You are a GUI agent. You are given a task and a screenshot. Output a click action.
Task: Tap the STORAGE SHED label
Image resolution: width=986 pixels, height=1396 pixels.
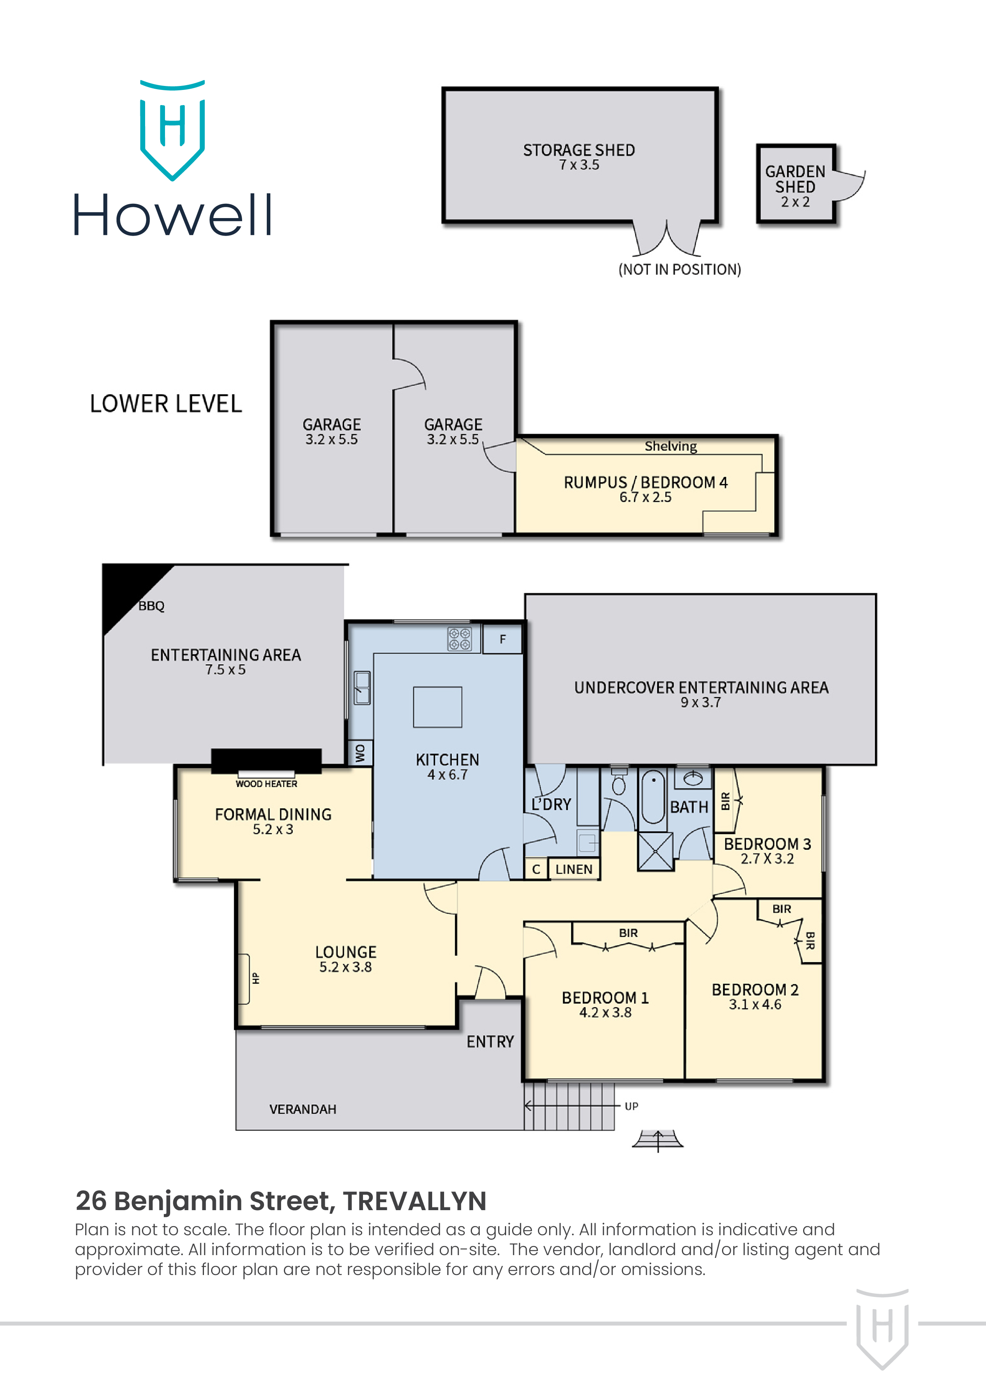coord(578,150)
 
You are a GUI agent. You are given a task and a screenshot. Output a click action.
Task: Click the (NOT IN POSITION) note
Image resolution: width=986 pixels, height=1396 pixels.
coord(679,269)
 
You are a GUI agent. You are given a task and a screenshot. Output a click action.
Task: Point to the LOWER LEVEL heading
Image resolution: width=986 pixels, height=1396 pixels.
coord(166,404)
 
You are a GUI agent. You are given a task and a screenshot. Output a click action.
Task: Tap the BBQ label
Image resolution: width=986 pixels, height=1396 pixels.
coord(151,606)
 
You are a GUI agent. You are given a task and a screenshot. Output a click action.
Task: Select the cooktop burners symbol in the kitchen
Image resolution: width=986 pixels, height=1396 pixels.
coord(459,638)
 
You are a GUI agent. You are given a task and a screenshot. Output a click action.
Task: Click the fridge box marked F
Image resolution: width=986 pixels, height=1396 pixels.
coord(503,639)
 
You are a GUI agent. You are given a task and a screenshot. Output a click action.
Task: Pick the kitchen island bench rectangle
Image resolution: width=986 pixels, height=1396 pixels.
coord(437,707)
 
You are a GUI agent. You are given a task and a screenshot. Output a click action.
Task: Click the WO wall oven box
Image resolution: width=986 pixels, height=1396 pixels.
coord(360,753)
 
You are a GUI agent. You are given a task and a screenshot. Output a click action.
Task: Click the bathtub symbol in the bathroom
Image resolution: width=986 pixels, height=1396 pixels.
coord(653,797)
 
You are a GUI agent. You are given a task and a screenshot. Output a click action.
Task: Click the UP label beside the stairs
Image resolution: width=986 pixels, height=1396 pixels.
coord(631,1106)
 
